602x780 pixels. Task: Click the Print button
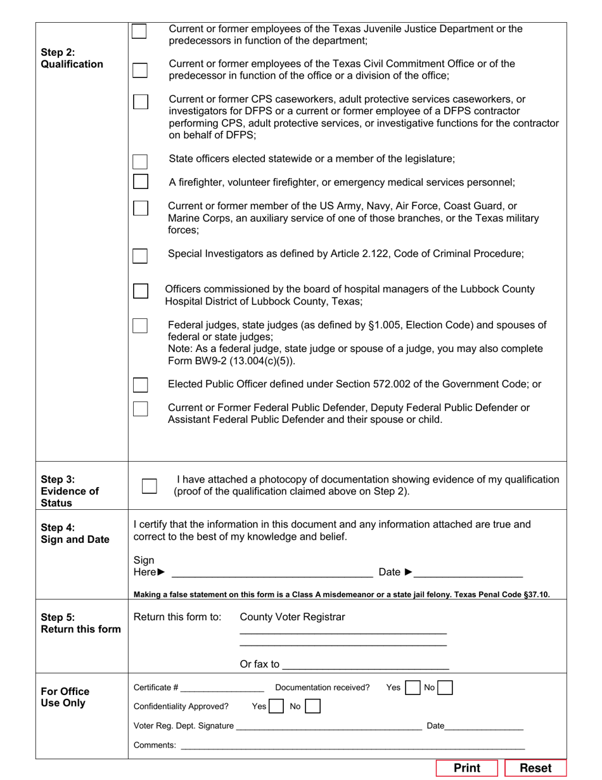[x=467, y=768]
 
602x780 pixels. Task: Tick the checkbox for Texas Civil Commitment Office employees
[x=139, y=70]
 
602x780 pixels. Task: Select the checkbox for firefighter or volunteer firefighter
[x=140, y=182]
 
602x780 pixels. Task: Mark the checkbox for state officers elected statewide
[x=140, y=161]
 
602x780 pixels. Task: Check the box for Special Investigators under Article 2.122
[x=140, y=256]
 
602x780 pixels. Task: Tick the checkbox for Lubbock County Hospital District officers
[x=140, y=291]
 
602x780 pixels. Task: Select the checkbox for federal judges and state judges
[x=140, y=326]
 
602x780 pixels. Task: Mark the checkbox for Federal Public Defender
[x=140, y=409]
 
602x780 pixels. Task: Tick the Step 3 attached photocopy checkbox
[x=149, y=486]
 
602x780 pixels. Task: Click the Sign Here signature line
[x=272, y=573]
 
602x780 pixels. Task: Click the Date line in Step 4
[x=469, y=573]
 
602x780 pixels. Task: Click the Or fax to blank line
[x=366, y=665]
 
